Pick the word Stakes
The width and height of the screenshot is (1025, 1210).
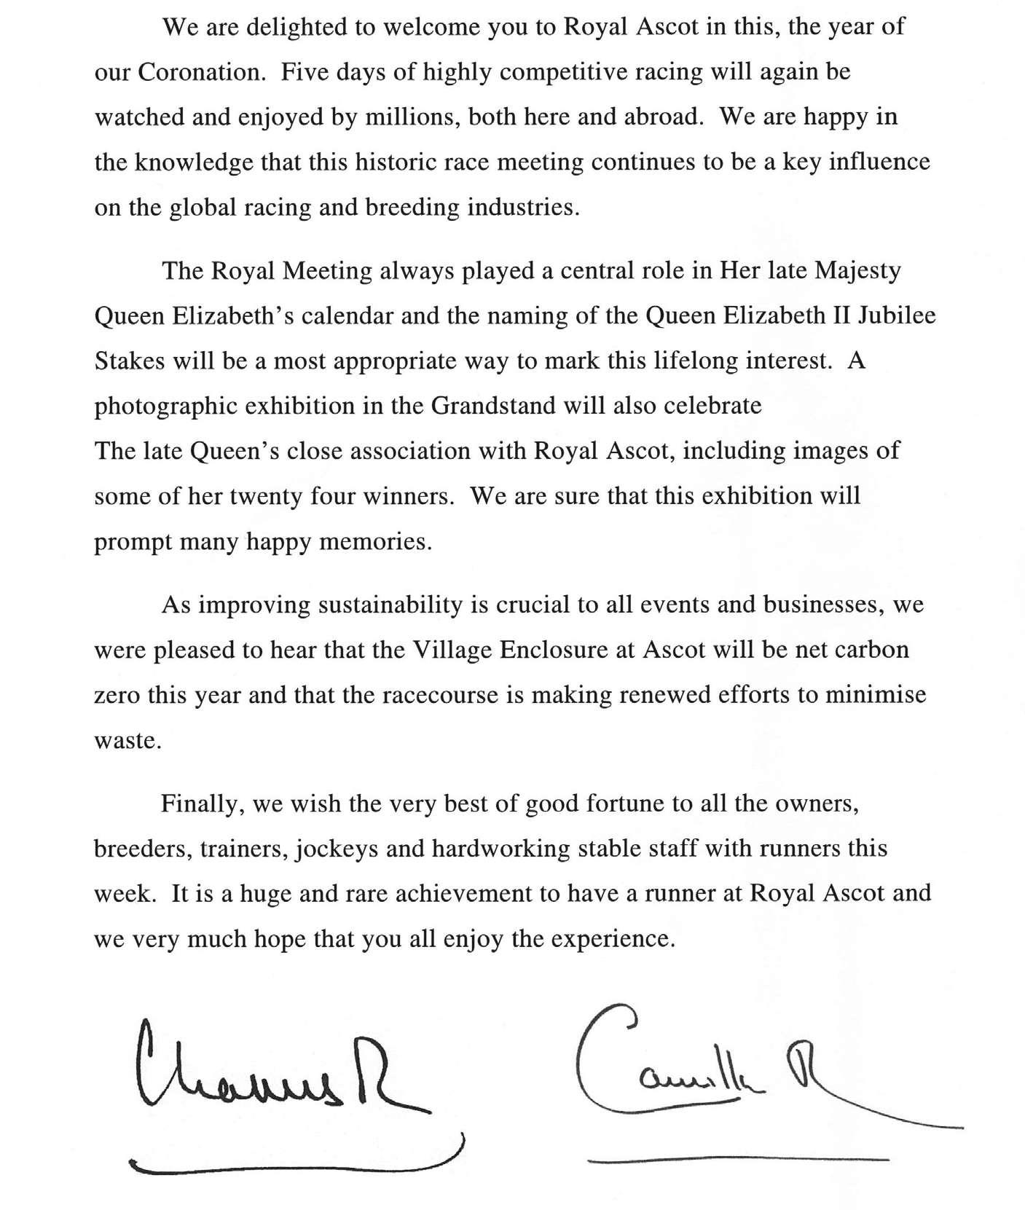(130, 361)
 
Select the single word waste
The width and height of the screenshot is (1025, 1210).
(126, 741)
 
